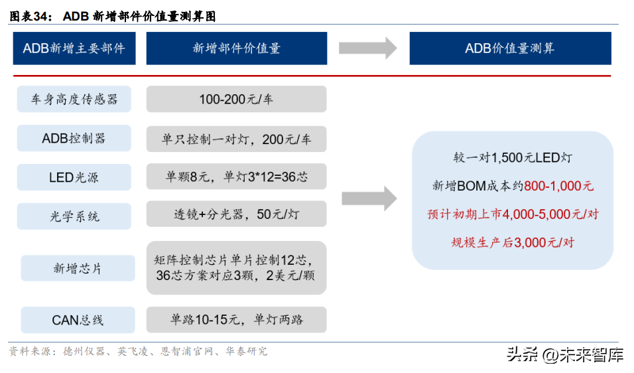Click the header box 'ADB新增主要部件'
tap(74, 48)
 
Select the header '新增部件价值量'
tap(237, 48)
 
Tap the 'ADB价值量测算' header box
tap(510, 48)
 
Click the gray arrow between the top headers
tap(368, 48)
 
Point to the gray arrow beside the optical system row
tap(369, 198)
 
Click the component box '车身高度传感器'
tap(74, 99)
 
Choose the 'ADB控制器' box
tap(74, 138)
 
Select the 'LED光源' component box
tap(74, 177)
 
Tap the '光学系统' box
tap(74, 216)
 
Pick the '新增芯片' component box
tap(78, 268)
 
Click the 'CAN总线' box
tap(78, 320)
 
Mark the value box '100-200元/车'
tap(237, 99)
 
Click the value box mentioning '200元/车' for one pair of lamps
tap(237, 139)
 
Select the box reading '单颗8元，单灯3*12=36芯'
tap(237, 177)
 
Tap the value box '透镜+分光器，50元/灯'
tap(237, 214)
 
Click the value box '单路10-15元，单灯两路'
tap(237, 320)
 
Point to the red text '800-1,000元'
tap(559, 186)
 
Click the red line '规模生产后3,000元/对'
tap(513, 243)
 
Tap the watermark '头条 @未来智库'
tap(565, 355)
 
